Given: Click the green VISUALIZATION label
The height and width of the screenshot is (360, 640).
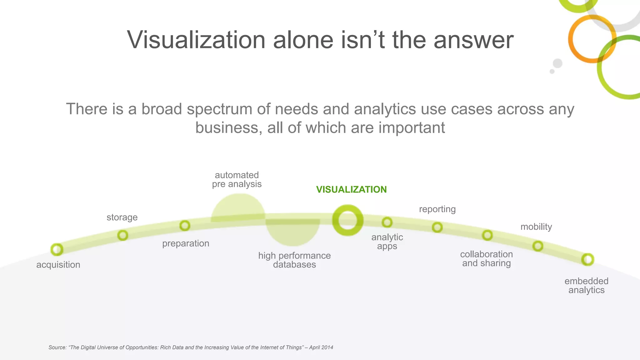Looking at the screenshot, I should [351, 189].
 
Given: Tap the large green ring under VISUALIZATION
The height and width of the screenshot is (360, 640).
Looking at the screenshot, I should [347, 220].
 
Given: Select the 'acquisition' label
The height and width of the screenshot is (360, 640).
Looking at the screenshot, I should [58, 265].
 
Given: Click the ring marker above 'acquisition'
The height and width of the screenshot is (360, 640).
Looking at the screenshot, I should [57, 249].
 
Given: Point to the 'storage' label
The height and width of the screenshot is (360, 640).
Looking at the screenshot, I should [122, 217].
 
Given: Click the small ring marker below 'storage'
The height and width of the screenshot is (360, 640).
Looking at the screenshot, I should [122, 235].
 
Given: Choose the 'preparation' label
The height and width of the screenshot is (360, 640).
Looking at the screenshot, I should [186, 243].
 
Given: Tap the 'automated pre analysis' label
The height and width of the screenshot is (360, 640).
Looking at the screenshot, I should [237, 179].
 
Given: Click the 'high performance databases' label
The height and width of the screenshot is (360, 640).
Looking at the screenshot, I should [294, 260].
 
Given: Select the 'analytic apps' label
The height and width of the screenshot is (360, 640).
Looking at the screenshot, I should [387, 242].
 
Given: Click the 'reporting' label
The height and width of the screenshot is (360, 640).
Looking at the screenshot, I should [437, 209].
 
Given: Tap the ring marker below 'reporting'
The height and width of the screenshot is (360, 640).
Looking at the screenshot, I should [437, 227].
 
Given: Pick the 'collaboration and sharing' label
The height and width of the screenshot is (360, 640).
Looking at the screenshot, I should [486, 258].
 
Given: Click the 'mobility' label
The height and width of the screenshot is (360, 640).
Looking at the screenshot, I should [536, 227].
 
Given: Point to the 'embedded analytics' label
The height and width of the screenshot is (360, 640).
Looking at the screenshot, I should [586, 285].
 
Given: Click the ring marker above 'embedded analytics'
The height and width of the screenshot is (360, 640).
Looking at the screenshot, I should [587, 259].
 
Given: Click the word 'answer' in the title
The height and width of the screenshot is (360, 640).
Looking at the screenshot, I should [473, 40].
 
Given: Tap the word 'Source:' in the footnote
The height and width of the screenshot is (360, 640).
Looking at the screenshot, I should [57, 347].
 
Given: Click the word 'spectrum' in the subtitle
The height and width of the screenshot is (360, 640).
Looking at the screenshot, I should [219, 109].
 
